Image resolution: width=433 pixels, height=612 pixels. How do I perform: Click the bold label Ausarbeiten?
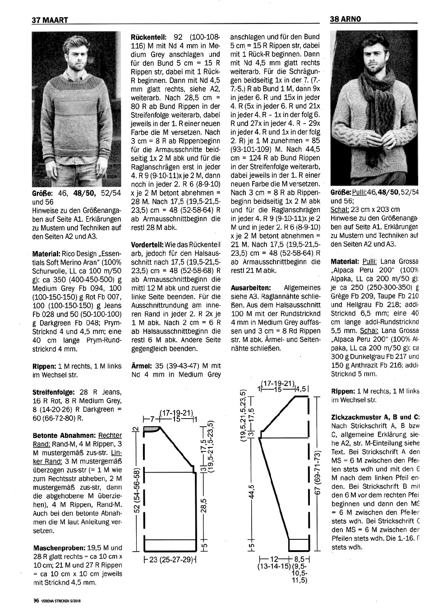coord(251,287)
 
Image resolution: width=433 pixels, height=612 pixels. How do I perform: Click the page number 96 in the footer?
coord(36,600)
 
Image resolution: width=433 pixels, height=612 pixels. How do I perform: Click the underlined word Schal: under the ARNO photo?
coord(340,210)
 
